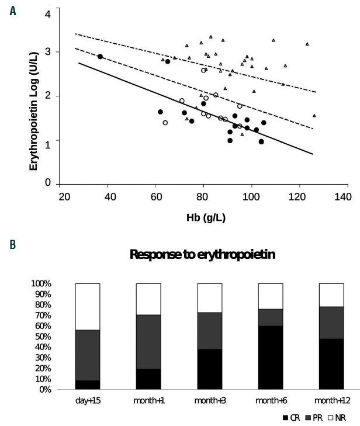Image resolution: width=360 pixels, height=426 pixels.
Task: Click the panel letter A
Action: (x=12, y=10)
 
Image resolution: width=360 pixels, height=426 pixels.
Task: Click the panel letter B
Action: (x=12, y=240)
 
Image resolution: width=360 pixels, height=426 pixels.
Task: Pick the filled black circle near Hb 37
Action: (x=100, y=57)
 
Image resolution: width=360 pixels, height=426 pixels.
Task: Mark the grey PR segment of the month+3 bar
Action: (x=210, y=331)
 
